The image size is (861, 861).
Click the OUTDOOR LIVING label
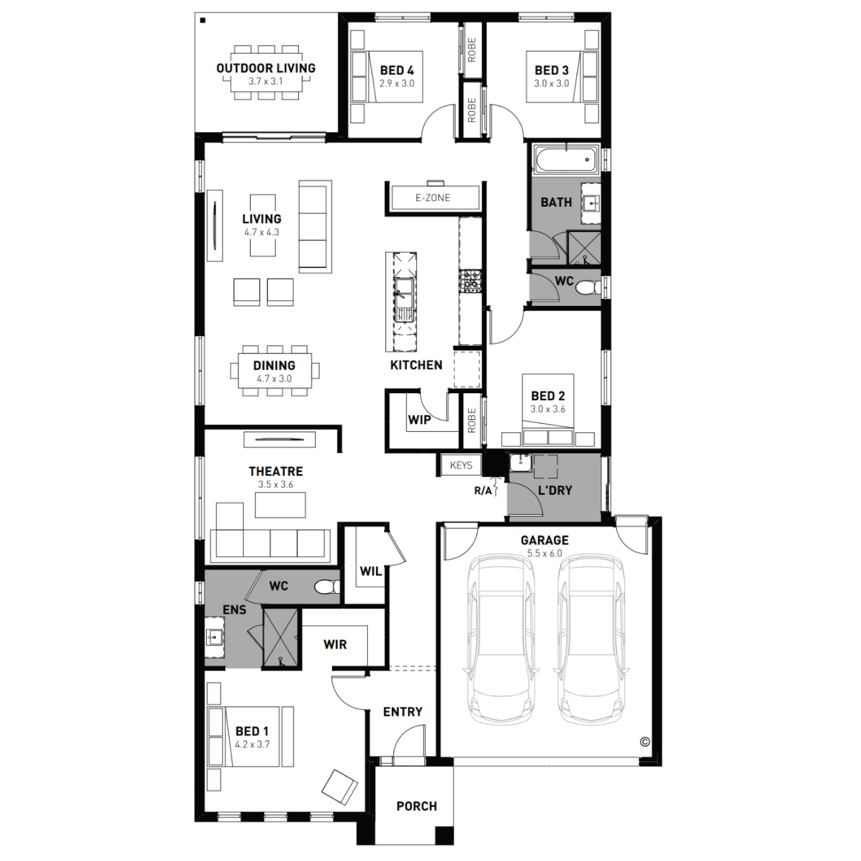(x=266, y=68)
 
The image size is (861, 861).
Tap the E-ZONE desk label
(x=433, y=197)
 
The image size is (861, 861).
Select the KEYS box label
(x=461, y=466)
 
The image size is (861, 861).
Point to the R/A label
(x=483, y=491)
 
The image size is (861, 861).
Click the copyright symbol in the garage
(x=645, y=742)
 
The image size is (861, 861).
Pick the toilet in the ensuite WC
(x=327, y=587)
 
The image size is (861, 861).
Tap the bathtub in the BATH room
(x=566, y=160)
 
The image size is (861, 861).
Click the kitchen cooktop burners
(x=470, y=281)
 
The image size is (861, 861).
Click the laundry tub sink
(x=521, y=461)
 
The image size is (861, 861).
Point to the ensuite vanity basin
(x=215, y=637)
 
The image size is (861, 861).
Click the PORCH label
(x=417, y=806)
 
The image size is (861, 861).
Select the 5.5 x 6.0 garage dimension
(x=545, y=553)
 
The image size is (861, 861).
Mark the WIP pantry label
(x=420, y=420)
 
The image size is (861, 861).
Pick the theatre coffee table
(x=280, y=505)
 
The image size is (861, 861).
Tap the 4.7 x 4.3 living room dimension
(x=262, y=232)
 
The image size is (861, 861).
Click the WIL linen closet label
(x=371, y=571)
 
